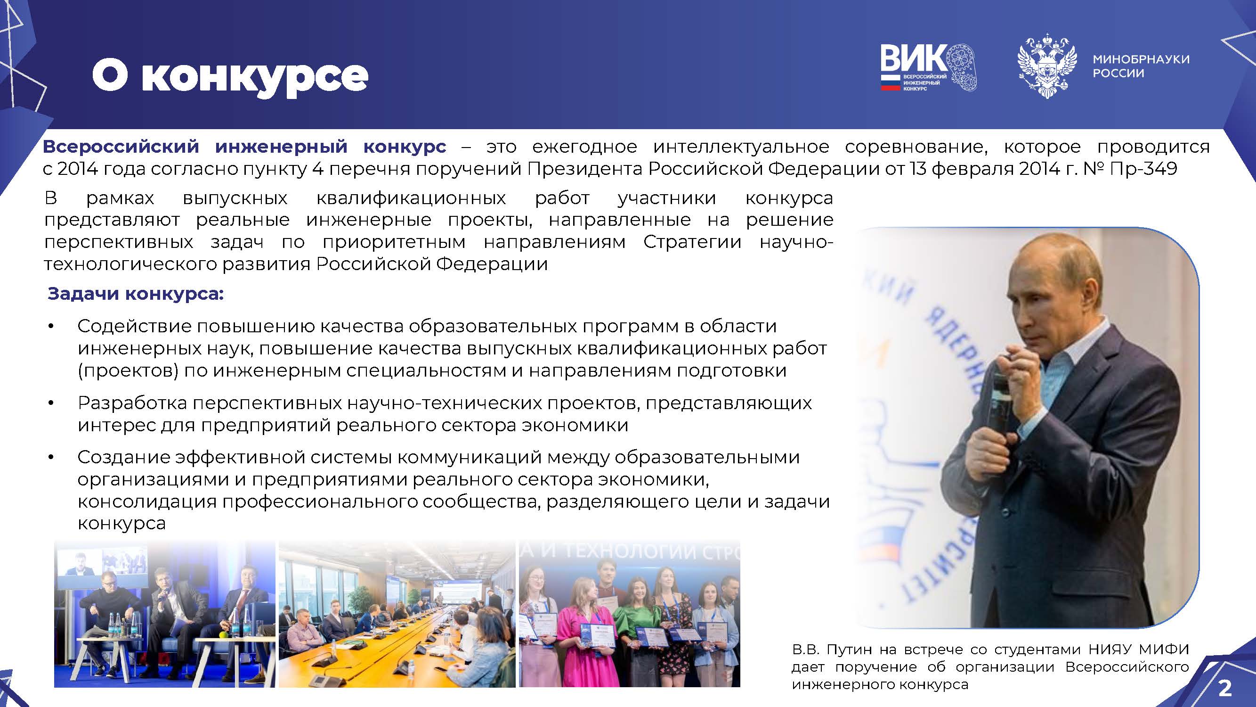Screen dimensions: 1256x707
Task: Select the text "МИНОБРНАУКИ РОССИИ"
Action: pyautogui.click(x=1141, y=66)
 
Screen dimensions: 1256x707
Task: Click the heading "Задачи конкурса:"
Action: pyautogui.click(x=136, y=294)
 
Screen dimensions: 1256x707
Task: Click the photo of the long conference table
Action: pyautogui.click(x=397, y=614)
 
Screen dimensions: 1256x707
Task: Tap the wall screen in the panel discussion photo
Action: pyautogui.click(x=103, y=568)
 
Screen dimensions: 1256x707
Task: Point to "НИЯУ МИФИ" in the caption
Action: pyautogui.click(x=1140, y=649)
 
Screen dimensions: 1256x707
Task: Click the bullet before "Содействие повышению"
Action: pyautogui.click(x=51, y=327)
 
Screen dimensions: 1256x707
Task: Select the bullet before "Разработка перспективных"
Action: pyautogui.click(x=51, y=403)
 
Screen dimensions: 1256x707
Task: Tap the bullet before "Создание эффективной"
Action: pyautogui.click(x=51, y=458)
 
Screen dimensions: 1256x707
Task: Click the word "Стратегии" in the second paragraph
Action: pyautogui.click(x=692, y=241)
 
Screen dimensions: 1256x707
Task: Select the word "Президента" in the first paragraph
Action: pyautogui.click(x=585, y=168)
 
